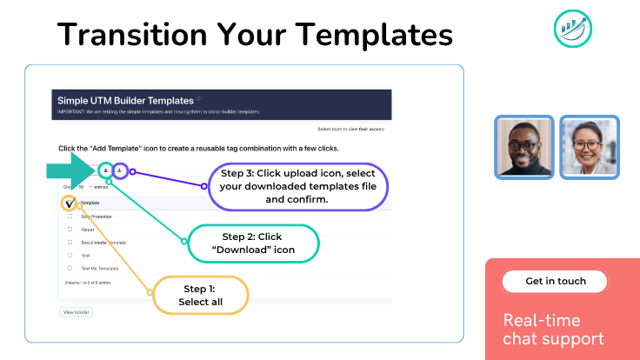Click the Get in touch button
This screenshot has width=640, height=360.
(555, 281)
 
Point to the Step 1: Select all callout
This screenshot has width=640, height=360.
(201, 295)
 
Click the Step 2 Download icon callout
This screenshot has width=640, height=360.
(251, 243)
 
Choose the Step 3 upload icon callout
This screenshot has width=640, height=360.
(298, 186)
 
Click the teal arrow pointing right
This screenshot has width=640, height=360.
(70, 170)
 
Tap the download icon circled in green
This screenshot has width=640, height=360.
(105, 171)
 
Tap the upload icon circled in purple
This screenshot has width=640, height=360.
(120, 171)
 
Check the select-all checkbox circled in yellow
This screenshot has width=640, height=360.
(70, 203)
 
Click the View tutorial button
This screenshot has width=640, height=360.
(75, 311)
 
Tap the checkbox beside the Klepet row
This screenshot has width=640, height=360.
(70, 229)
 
